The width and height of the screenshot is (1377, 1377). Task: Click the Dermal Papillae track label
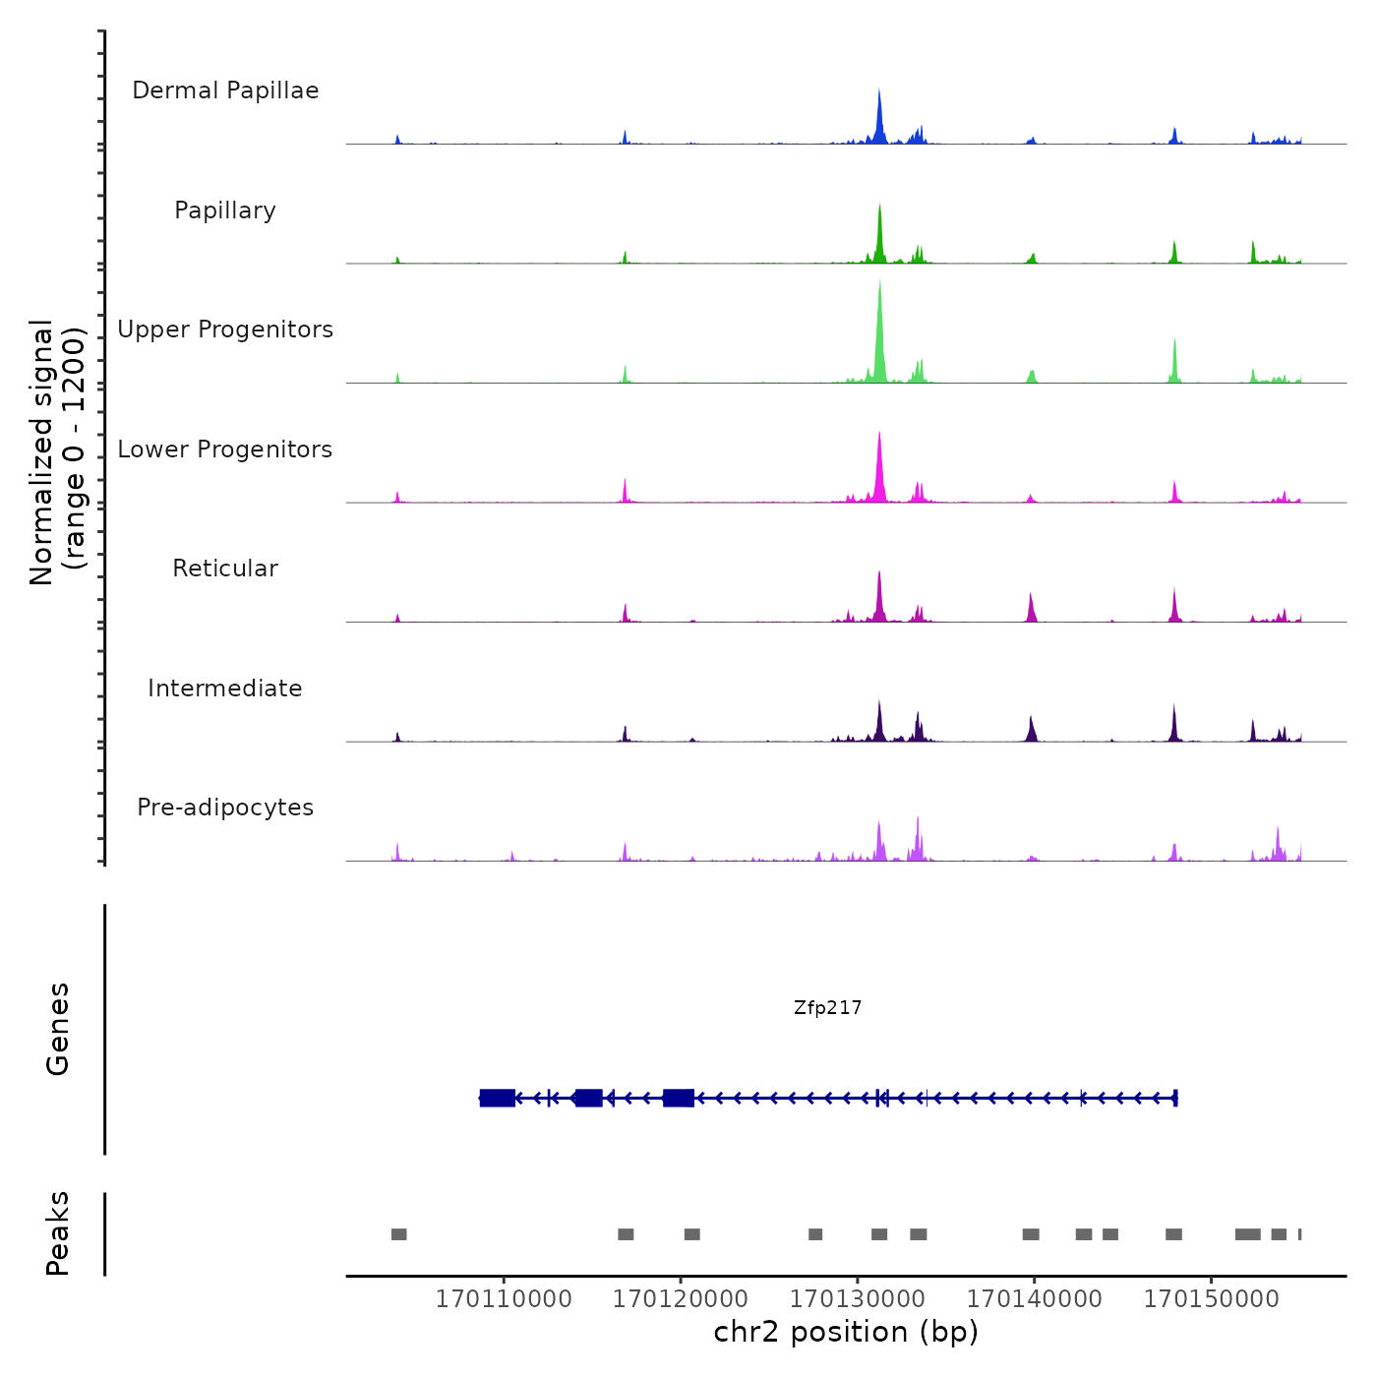point(225,90)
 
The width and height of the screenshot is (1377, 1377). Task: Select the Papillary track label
point(225,210)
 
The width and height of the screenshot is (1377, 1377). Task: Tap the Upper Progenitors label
point(225,329)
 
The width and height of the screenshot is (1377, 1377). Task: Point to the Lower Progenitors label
point(225,449)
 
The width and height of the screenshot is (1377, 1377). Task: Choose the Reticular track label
point(225,569)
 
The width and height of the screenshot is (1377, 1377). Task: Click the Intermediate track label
point(225,688)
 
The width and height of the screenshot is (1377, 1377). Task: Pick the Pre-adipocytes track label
point(225,808)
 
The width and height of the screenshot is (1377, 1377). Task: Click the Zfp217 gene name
point(827,1008)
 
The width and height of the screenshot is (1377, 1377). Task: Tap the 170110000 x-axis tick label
point(504,1299)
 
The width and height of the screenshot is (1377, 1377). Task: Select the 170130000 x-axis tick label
point(858,1299)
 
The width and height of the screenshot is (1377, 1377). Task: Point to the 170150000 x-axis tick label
point(1212,1299)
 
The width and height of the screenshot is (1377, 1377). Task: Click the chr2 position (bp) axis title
point(846,1333)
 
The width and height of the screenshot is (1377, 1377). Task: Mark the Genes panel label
point(58,1029)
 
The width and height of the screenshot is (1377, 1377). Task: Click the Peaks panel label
point(58,1233)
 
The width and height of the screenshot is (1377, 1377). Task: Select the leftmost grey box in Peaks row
point(398,1234)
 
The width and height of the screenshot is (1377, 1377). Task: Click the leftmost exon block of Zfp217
point(498,1098)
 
